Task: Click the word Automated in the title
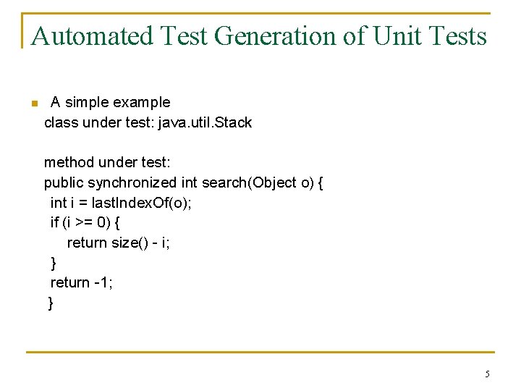click(93, 35)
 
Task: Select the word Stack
click(233, 122)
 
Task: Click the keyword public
click(64, 182)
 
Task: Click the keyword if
click(54, 222)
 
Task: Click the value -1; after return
click(103, 282)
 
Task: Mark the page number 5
click(487, 374)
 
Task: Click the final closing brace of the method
click(51, 303)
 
